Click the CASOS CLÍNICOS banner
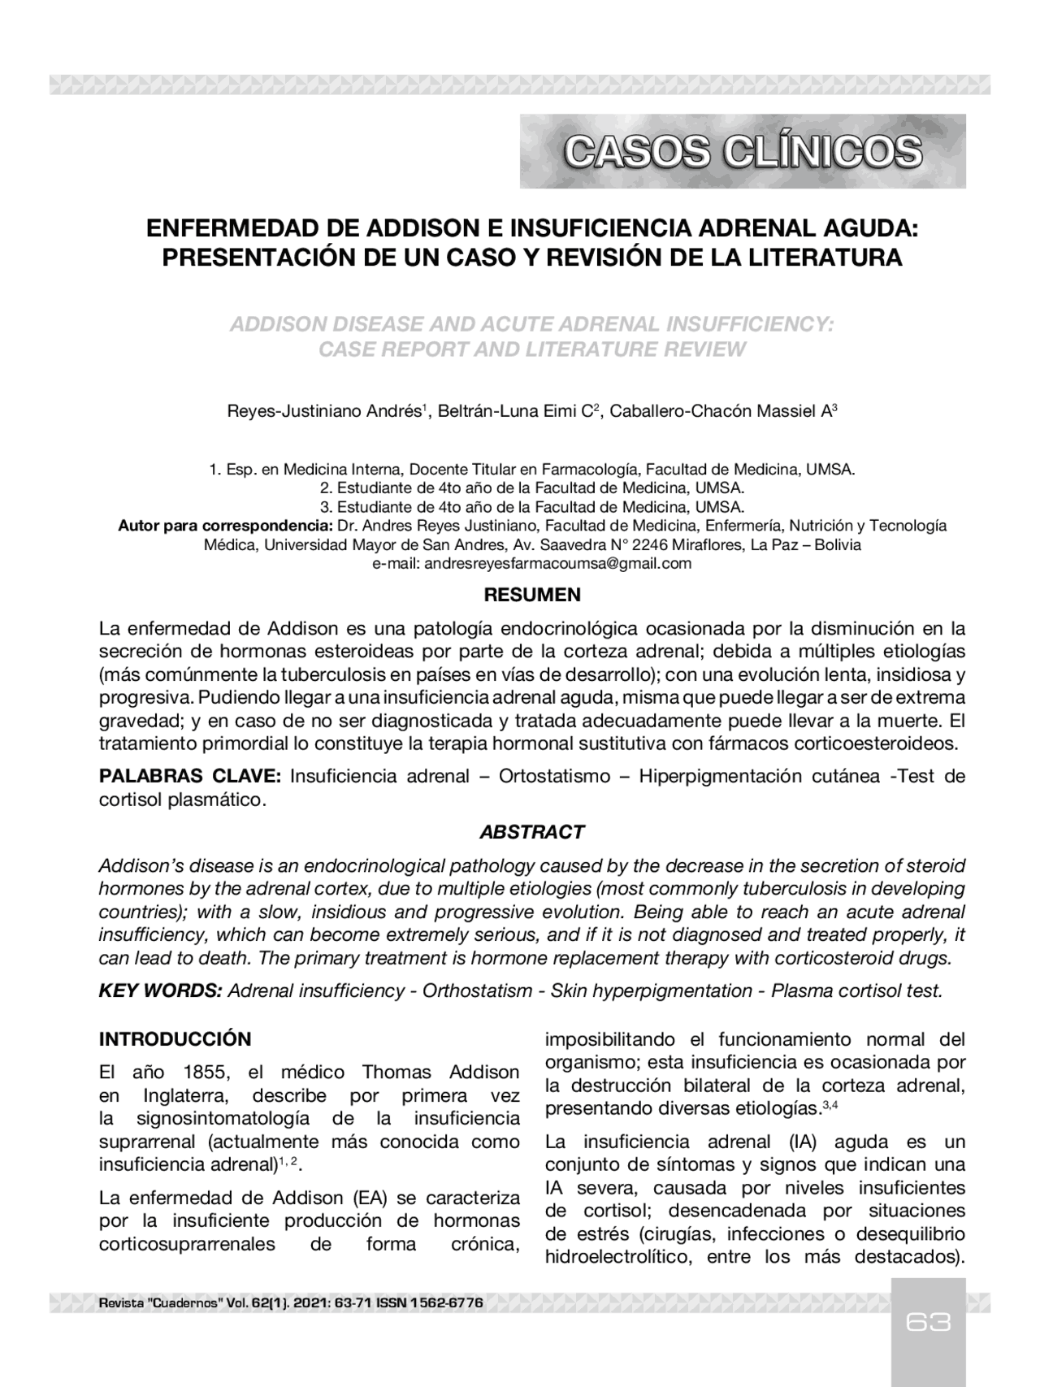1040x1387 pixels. (x=743, y=152)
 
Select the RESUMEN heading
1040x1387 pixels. (x=532, y=595)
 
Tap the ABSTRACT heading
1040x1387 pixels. (x=531, y=832)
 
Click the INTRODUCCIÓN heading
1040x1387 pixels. (x=175, y=1039)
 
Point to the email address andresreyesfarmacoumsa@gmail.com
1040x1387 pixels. (x=557, y=563)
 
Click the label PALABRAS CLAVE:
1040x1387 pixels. (x=190, y=776)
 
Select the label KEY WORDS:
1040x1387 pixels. (x=160, y=991)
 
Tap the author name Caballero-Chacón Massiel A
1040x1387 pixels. (x=719, y=412)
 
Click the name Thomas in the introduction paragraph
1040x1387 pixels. (x=396, y=1073)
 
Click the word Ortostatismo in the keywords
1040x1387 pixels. (x=554, y=776)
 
